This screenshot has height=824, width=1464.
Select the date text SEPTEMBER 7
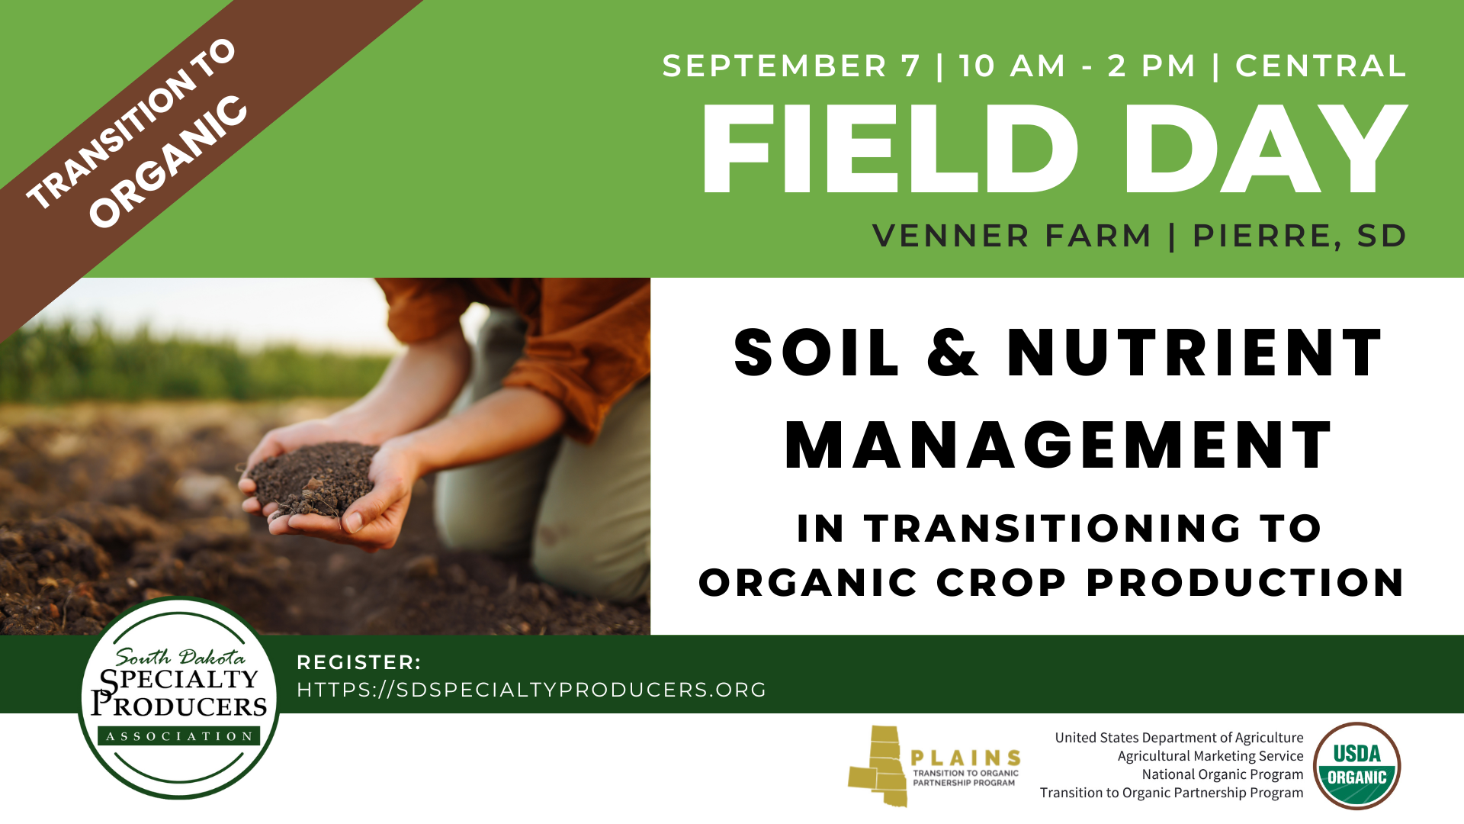click(791, 66)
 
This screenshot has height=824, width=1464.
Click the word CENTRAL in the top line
click(1321, 66)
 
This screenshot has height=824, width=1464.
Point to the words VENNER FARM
click(1012, 236)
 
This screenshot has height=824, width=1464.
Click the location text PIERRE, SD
click(1299, 237)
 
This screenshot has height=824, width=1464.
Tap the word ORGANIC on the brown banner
click(169, 162)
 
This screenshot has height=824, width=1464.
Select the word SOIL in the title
click(817, 352)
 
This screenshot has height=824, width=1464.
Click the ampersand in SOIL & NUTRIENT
click(953, 352)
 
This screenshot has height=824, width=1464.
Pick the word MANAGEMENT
click(1058, 446)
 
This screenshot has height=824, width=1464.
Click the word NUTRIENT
click(1195, 352)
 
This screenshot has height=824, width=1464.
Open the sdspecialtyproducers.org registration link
click(531, 690)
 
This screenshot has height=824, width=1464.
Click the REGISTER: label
click(358, 662)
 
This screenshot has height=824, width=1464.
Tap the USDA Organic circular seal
click(1356, 765)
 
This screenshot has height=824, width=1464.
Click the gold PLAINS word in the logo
click(966, 758)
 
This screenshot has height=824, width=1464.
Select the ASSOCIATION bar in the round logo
click(179, 736)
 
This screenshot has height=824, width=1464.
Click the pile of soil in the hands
click(313, 477)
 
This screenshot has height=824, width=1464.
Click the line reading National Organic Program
click(1222, 774)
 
